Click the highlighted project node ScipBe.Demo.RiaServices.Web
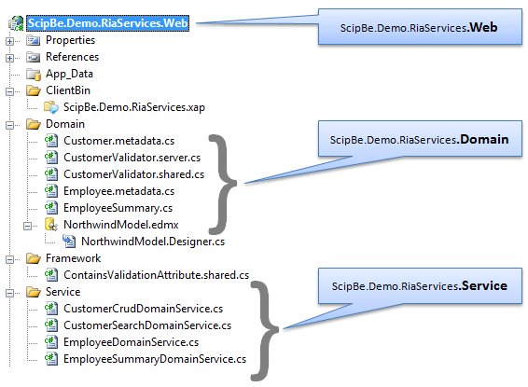[x=108, y=23]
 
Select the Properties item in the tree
[x=70, y=40]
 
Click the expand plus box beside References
[x=9, y=58]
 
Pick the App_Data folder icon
[x=34, y=74]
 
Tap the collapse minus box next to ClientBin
[x=9, y=91]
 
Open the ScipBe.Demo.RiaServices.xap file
[x=134, y=107]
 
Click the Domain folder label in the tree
[x=65, y=124]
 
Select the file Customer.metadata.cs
[x=118, y=141]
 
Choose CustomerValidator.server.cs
[x=132, y=158]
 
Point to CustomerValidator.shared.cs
[x=133, y=174]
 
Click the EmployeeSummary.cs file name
[x=118, y=208]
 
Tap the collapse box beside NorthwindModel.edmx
[x=27, y=226]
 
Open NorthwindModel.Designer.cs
[x=153, y=242]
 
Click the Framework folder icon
[x=34, y=258]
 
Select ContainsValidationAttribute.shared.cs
[x=156, y=275]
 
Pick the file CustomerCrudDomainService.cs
[x=143, y=309]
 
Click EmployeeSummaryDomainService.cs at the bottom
[x=155, y=359]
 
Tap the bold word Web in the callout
[x=483, y=27]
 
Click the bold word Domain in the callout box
[x=484, y=139]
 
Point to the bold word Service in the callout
[x=484, y=285]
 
